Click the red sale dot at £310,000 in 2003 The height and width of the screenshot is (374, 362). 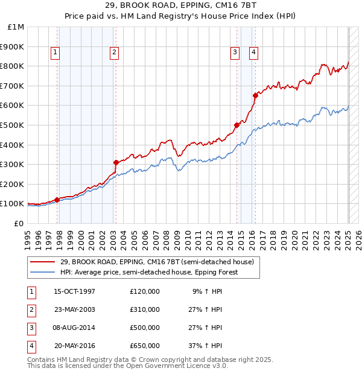click(x=115, y=162)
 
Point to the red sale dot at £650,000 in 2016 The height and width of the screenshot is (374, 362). click(x=255, y=95)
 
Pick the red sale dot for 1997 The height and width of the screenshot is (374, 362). click(x=57, y=200)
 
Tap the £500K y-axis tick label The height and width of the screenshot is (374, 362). click(x=13, y=125)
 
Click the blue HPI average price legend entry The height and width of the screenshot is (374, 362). click(x=149, y=272)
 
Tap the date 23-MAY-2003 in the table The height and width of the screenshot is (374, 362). click(x=74, y=309)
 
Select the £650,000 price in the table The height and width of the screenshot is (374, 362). click(x=144, y=346)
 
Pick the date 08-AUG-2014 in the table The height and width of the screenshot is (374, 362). click(x=74, y=328)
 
